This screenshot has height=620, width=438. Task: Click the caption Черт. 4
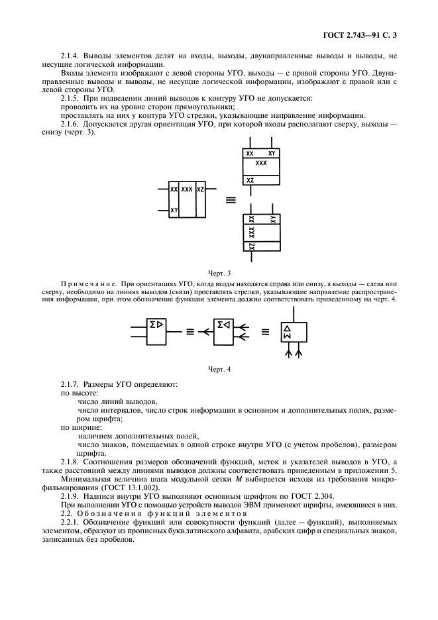pos(218,368)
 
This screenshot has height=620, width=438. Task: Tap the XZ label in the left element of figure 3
pos(201,189)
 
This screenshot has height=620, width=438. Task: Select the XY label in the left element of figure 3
pos(174,210)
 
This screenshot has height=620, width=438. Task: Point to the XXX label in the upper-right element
pos(260,162)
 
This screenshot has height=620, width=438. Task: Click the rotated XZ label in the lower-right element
pos(250,246)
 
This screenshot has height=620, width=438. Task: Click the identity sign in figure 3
pos(231,199)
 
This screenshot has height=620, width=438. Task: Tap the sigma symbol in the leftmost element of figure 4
pos(153,324)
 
